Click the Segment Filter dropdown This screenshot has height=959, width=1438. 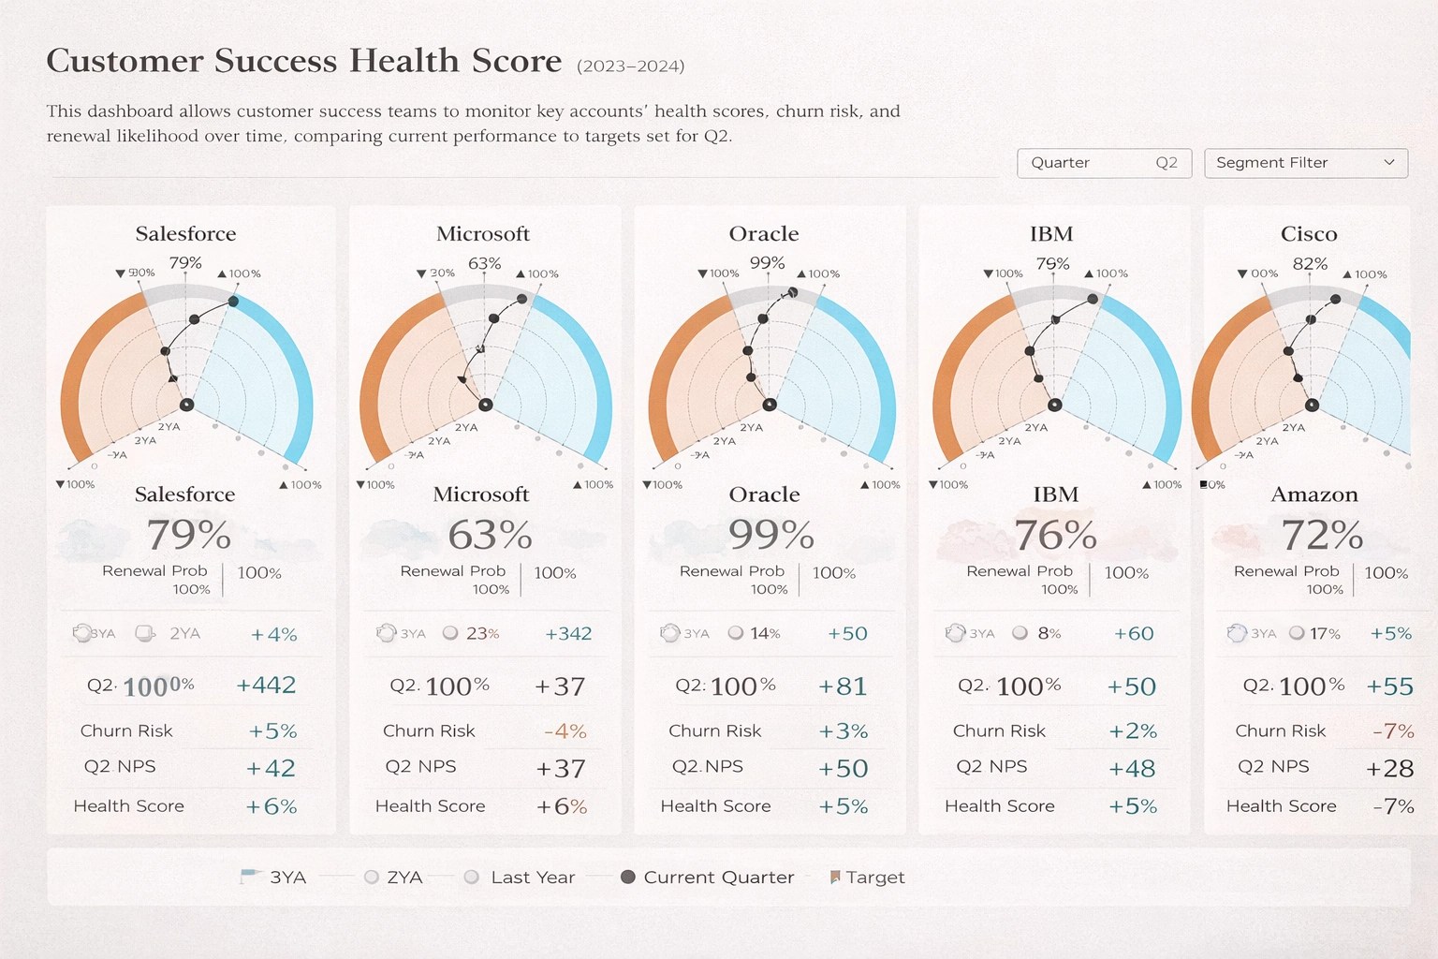tap(1305, 163)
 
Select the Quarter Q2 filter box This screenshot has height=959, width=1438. tap(1103, 163)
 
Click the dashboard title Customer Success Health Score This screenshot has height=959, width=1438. tap(304, 61)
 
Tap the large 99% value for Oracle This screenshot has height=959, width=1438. tap(770, 535)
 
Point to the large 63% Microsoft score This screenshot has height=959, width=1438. tap(490, 535)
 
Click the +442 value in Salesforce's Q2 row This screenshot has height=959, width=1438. tap(266, 686)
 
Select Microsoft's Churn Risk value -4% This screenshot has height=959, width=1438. tap(565, 730)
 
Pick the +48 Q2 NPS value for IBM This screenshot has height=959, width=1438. tap(1132, 769)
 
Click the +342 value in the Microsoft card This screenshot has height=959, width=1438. tap(568, 634)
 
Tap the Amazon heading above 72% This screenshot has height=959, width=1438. tap(1313, 494)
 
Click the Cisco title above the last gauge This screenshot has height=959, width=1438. tap(1308, 234)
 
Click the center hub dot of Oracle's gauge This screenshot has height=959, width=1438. tap(770, 405)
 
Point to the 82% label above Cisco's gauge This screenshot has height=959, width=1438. tap(1310, 264)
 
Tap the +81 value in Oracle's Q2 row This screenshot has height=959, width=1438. tap(843, 686)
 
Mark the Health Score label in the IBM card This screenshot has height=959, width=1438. tap(999, 806)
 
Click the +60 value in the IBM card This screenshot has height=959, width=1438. tap(1133, 634)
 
